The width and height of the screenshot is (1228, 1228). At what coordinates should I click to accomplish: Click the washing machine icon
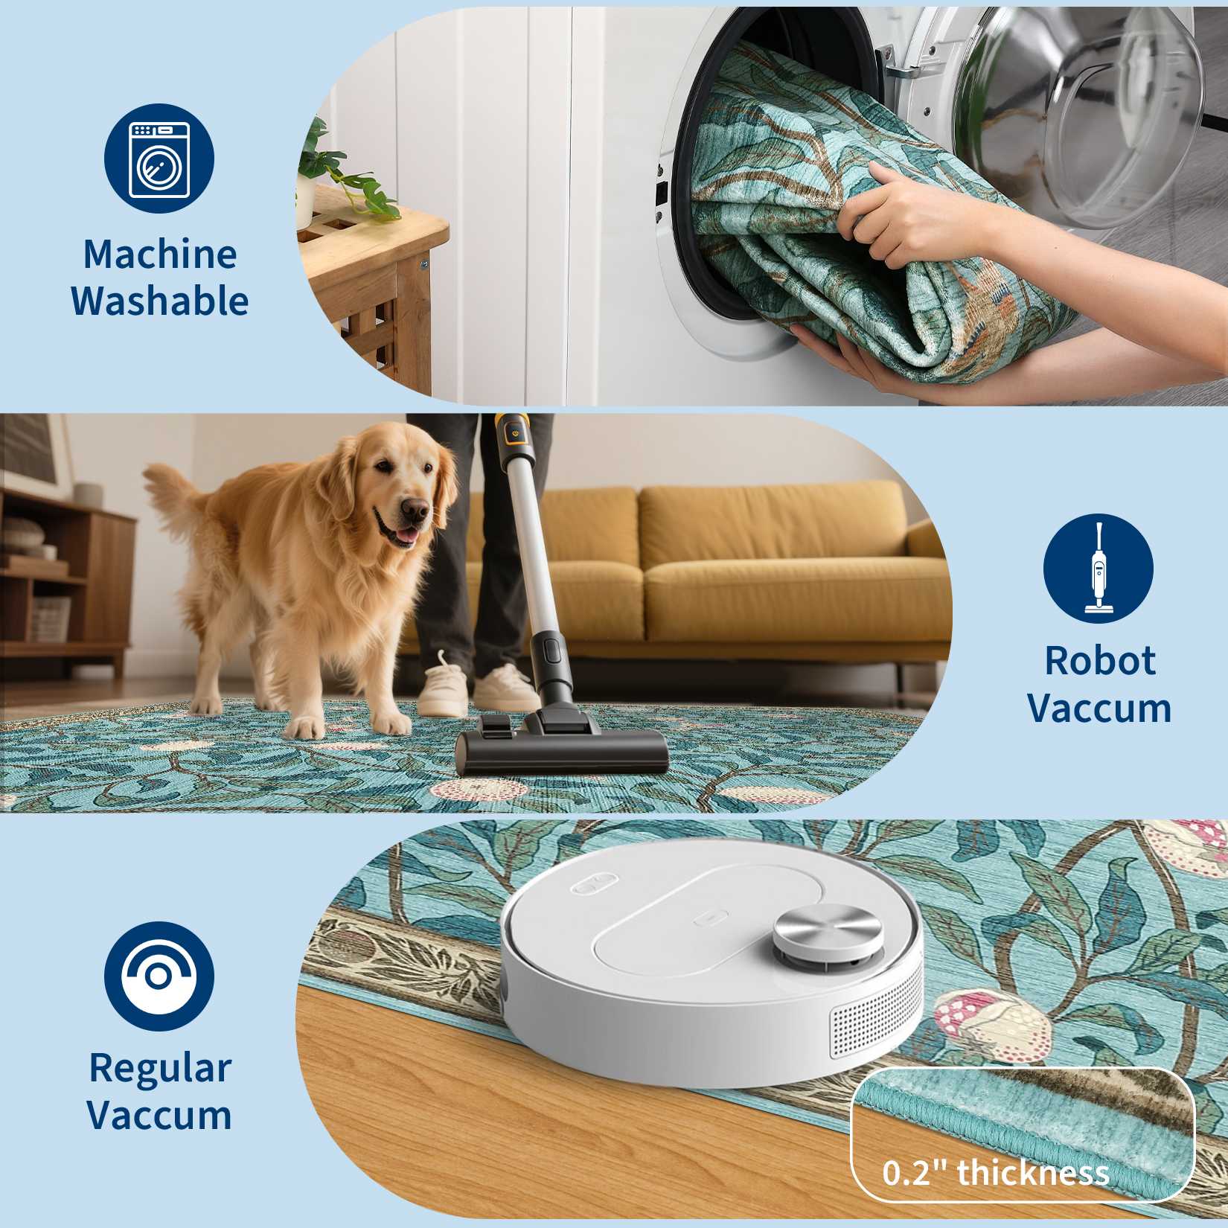click(x=159, y=159)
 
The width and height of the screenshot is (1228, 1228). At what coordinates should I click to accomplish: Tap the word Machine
click(x=160, y=255)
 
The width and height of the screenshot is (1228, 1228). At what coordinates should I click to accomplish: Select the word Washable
click(x=160, y=301)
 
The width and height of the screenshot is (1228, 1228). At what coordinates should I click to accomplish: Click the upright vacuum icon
click(x=1099, y=569)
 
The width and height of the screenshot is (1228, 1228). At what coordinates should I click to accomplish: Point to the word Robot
click(x=1100, y=660)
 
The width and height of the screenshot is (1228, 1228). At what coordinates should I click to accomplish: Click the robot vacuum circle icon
click(x=159, y=976)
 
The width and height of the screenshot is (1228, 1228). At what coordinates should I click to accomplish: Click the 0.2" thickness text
click(x=996, y=1173)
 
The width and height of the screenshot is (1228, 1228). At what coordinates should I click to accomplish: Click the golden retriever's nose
click(x=415, y=510)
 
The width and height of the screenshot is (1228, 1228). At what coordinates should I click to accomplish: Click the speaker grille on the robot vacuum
click(x=875, y=1026)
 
